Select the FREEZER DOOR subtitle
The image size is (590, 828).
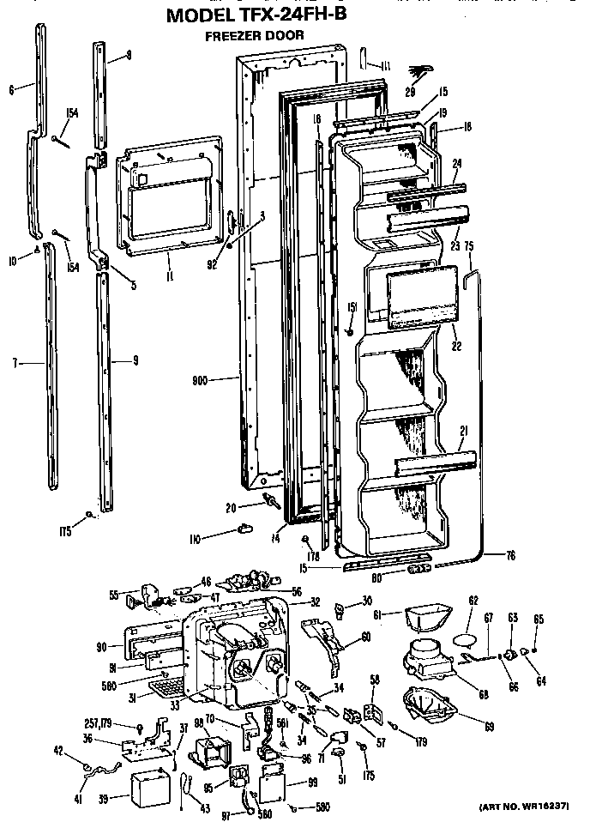pyautogui.click(x=254, y=36)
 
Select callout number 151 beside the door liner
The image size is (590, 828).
pyautogui.click(x=352, y=308)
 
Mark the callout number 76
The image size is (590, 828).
pyautogui.click(x=510, y=556)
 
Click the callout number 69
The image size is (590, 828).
pyautogui.click(x=489, y=727)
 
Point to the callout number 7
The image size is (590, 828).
pyautogui.click(x=15, y=364)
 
